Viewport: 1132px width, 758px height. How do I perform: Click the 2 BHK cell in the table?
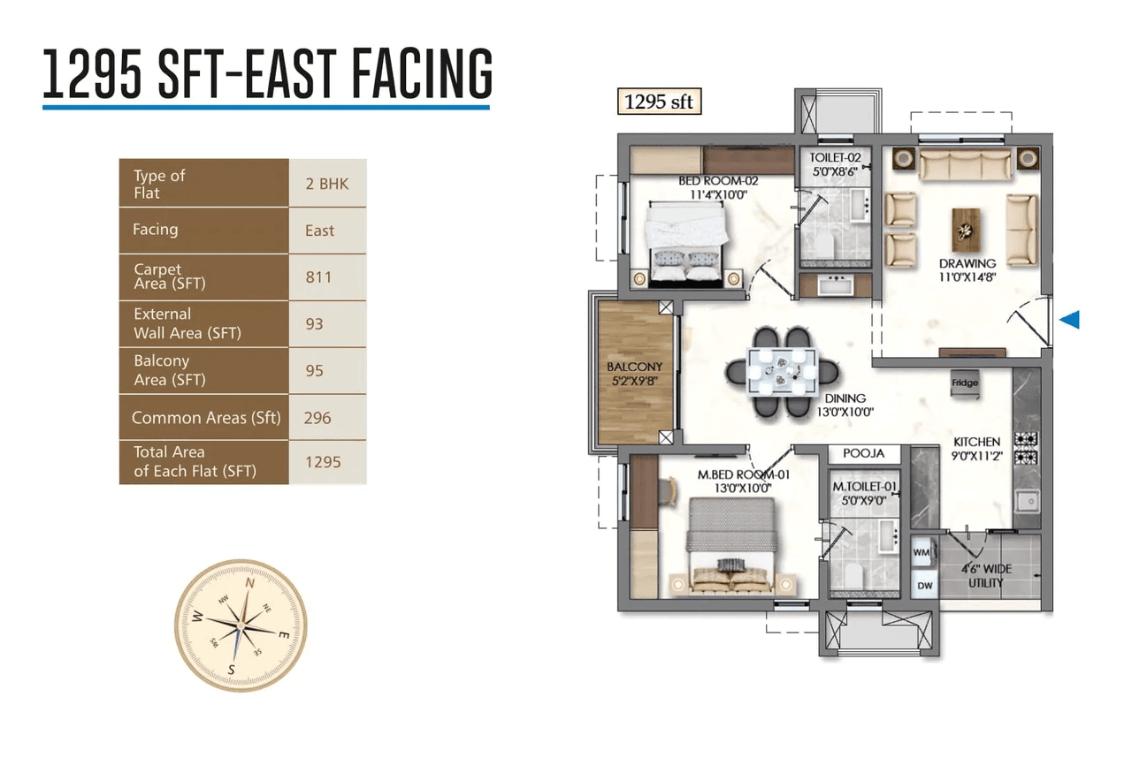coord(326,184)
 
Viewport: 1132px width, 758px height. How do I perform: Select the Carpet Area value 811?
coord(318,277)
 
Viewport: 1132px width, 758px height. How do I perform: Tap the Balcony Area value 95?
coord(314,371)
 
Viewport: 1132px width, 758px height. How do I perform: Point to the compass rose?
coord(241,624)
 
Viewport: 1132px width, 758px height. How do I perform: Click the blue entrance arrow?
coord(1069,320)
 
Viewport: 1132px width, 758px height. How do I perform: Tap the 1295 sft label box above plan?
coord(658,102)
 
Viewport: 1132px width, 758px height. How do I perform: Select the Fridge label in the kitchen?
coord(964,383)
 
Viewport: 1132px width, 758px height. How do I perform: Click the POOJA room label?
coord(863,453)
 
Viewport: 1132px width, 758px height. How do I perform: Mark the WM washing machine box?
coord(922,550)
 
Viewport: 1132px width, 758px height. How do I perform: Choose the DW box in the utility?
coord(923,585)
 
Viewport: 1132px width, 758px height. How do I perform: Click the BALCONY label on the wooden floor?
coord(634,367)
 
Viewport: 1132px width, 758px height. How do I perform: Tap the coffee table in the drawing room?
coord(966,230)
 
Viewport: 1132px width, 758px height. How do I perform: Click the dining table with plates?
coord(782,371)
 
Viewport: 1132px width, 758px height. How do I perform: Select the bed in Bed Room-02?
coord(686,243)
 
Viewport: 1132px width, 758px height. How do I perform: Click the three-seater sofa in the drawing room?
coord(965,164)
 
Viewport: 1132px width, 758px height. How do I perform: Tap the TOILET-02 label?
coord(834,159)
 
